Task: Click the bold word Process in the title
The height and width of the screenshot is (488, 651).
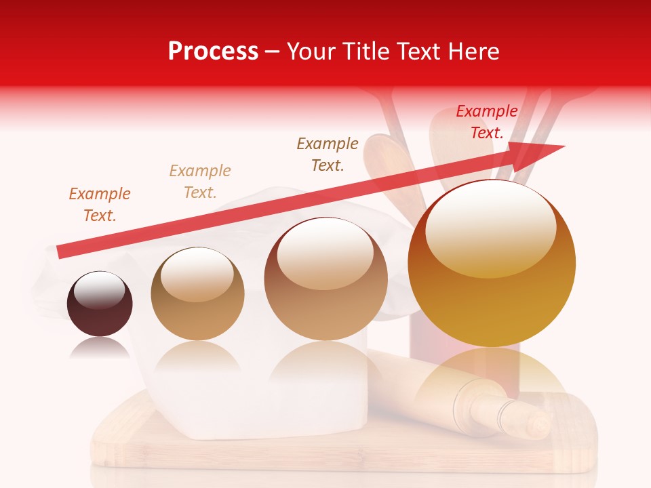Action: (213, 52)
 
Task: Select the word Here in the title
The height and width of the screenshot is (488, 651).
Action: (473, 52)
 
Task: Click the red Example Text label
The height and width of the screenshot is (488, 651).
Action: (486, 122)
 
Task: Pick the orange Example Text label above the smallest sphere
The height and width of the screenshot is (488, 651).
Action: (99, 205)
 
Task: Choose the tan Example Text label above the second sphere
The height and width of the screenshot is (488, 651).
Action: (199, 182)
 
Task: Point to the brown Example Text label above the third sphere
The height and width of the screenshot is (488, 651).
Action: (328, 155)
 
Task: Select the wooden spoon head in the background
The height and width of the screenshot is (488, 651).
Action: (386, 163)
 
